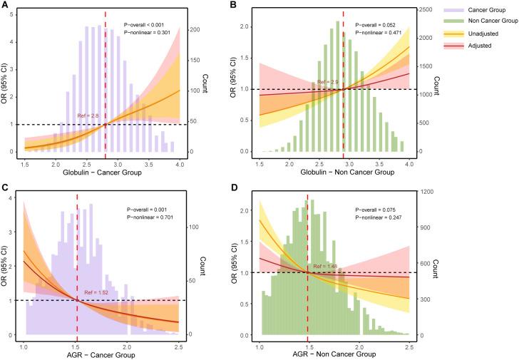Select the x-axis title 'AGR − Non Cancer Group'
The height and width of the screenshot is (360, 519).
coord(339,354)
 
